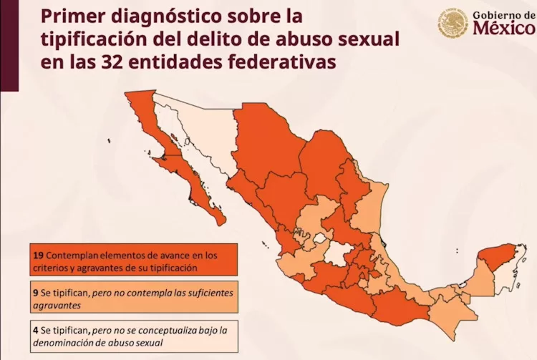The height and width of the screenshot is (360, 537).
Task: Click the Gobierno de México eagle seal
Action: click(453, 24)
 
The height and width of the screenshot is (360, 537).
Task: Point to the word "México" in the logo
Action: click(503, 29)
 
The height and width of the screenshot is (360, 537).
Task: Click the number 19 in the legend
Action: click(38, 254)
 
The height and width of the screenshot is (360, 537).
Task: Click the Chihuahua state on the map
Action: click(265, 140)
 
